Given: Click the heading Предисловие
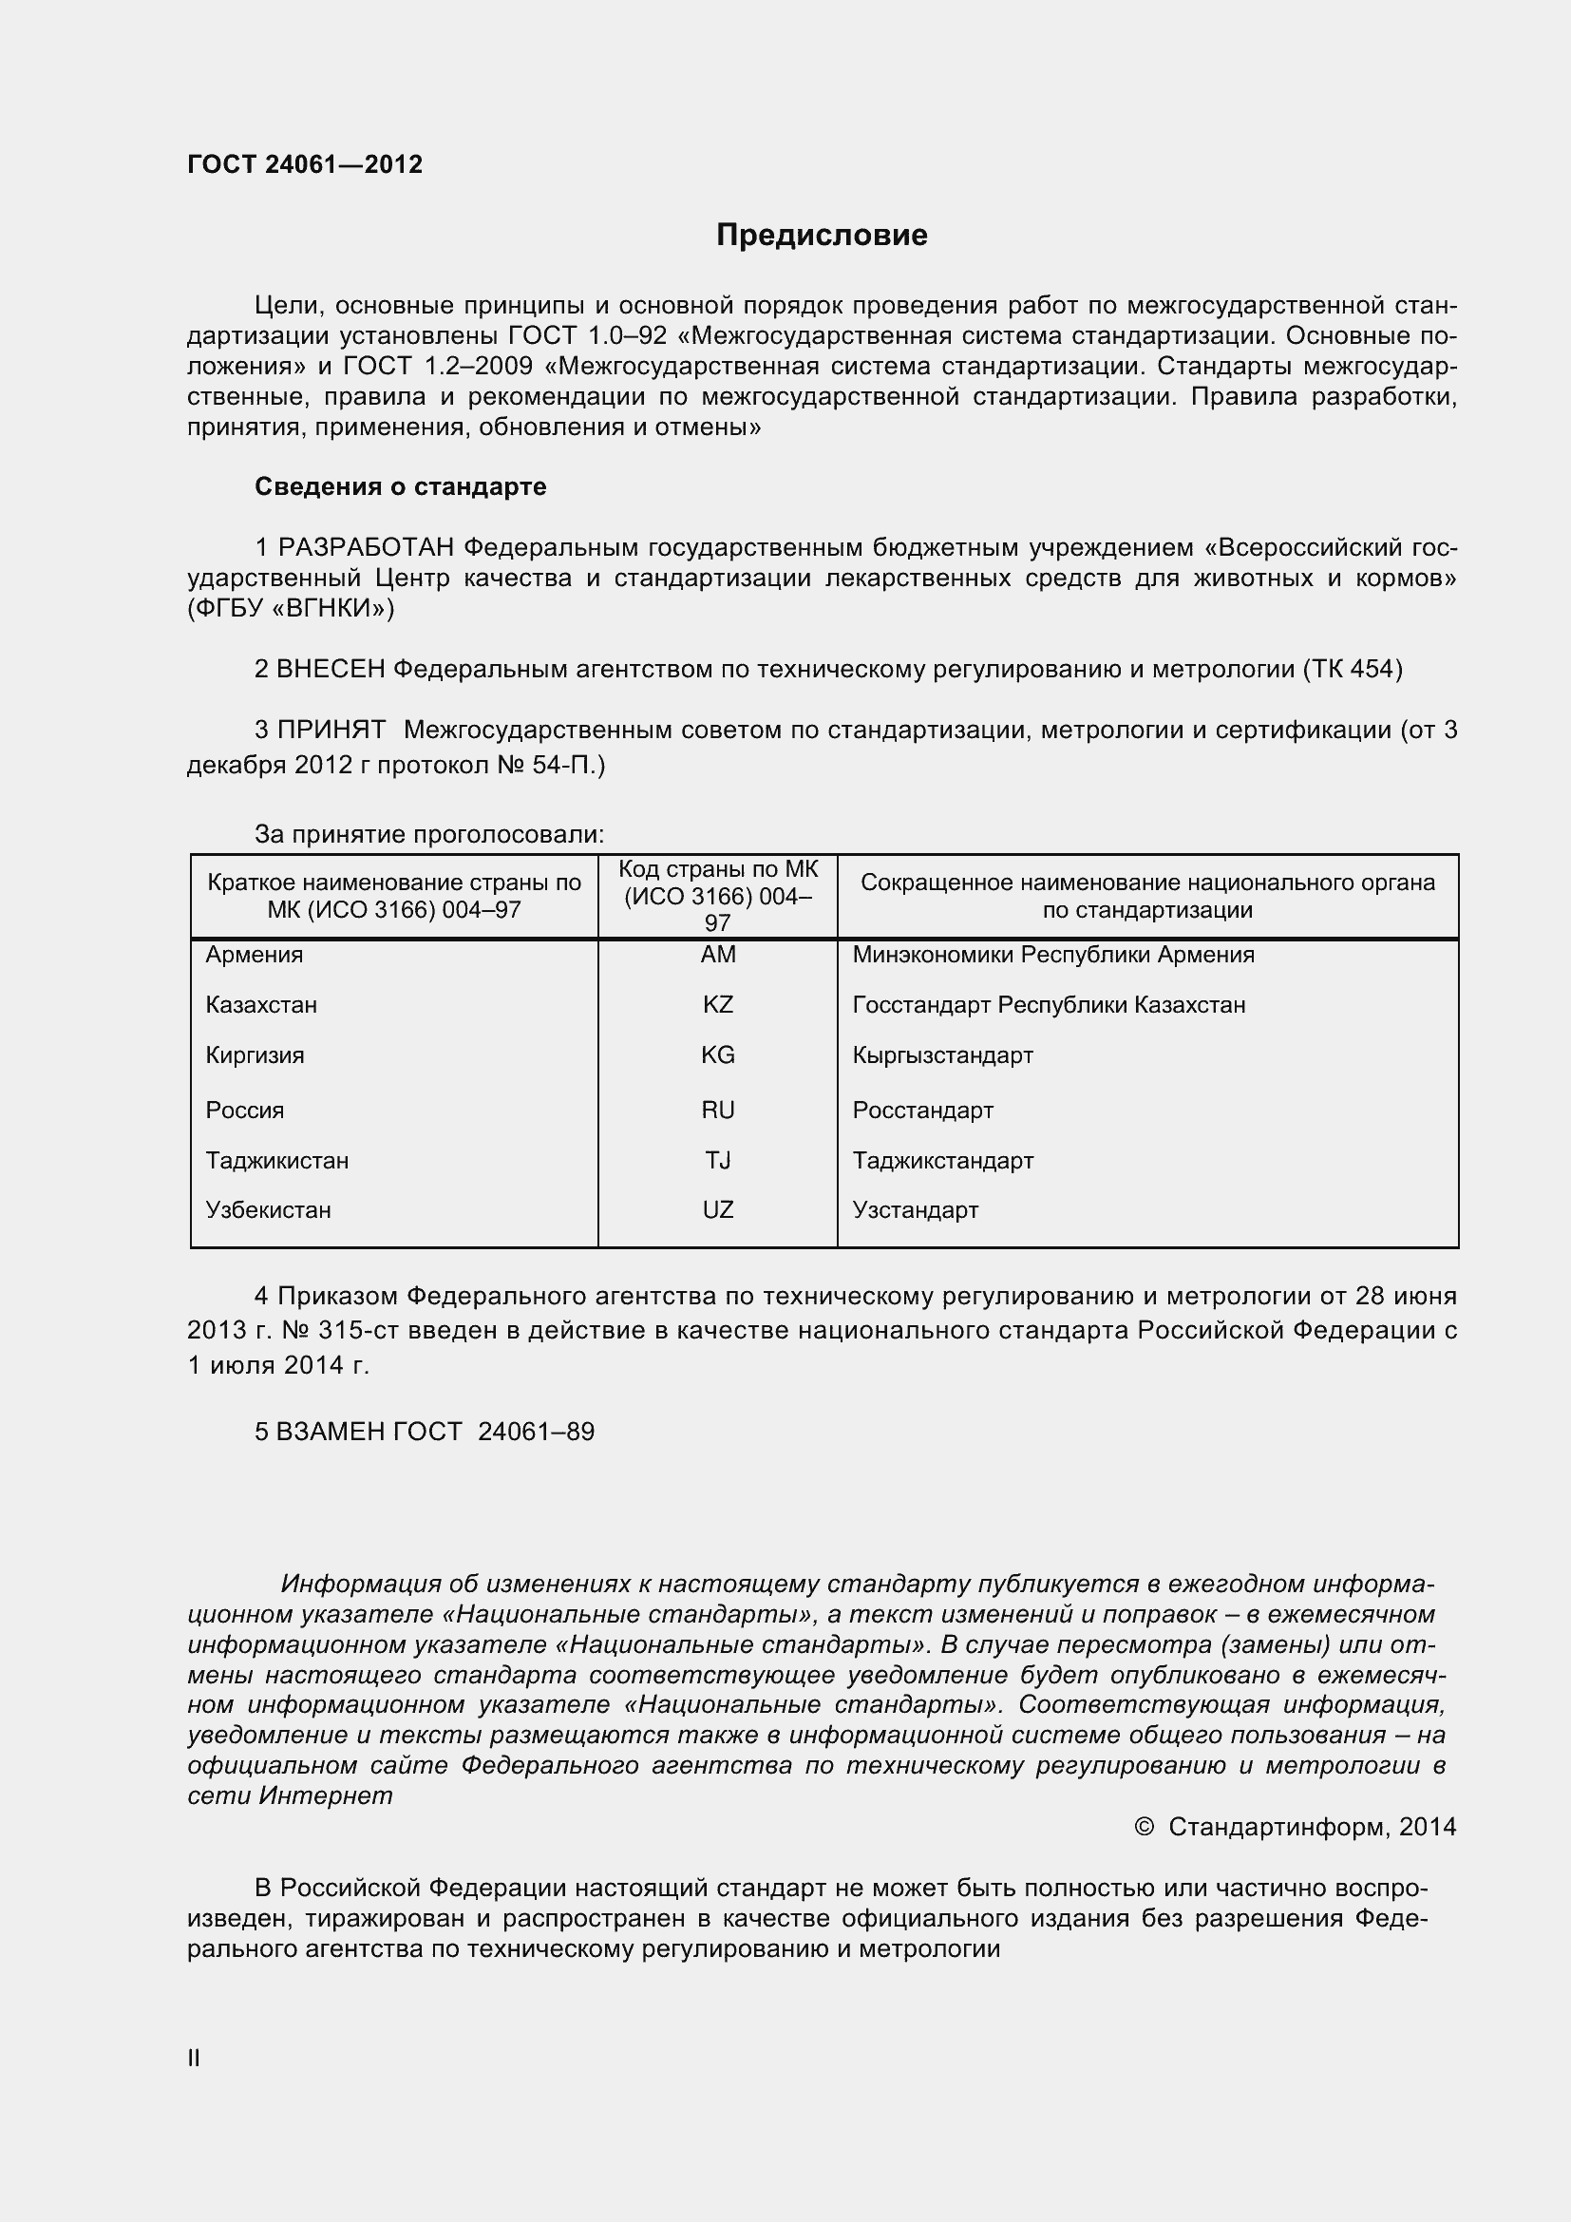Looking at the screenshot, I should coord(822,236).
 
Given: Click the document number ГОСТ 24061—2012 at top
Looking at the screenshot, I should coord(305,164).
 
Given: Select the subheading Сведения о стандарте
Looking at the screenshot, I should coord(400,486).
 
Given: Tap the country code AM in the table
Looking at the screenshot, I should coord(718,954).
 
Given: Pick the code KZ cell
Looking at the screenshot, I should coord(718,1004).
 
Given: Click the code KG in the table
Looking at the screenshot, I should coord(718,1054).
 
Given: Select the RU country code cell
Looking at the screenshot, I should coord(718,1110).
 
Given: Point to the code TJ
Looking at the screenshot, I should coord(718,1160).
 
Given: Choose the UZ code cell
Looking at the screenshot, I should coord(718,1209).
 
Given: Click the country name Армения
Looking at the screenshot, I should coord(254,954).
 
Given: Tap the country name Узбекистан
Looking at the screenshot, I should coord(268,1209).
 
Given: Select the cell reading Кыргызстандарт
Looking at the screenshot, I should coord(942,1054).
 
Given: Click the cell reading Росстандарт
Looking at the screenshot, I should coord(922,1110).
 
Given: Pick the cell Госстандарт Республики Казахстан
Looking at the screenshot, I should coord(1049,1004).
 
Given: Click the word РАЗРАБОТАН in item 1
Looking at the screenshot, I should coord(366,548).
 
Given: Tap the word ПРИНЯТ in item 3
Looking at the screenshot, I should coord(331,730).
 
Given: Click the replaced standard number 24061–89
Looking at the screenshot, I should coord(536,1432).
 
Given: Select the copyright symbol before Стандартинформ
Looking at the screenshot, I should coord(1144,1827).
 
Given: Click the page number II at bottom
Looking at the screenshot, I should coord(194,2059).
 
